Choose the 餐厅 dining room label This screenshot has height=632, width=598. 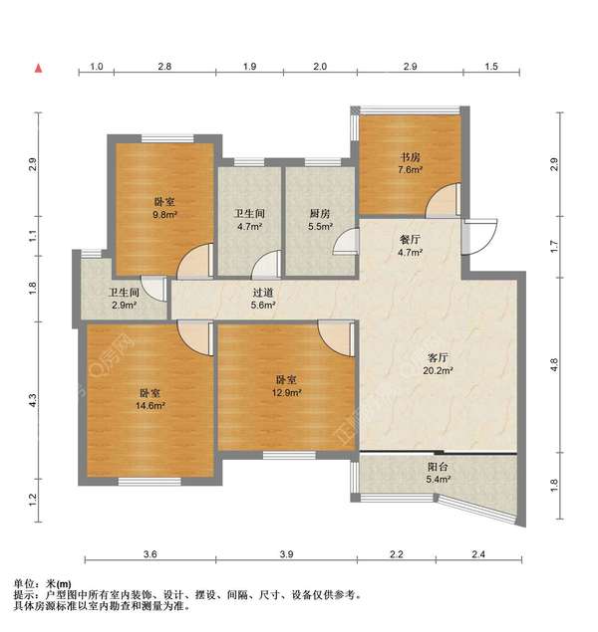point(411,239)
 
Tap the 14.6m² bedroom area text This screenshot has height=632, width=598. point(151,405)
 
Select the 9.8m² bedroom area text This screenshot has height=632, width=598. point(164,214)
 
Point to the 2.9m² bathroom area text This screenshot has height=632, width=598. point(124,306)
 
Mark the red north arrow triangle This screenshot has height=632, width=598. point(37,69)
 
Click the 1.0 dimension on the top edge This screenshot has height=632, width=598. point(97,66)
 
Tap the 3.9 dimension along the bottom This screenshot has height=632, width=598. point(285,553)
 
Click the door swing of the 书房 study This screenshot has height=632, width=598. point(440,203)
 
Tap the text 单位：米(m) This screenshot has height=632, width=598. point(43,582)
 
